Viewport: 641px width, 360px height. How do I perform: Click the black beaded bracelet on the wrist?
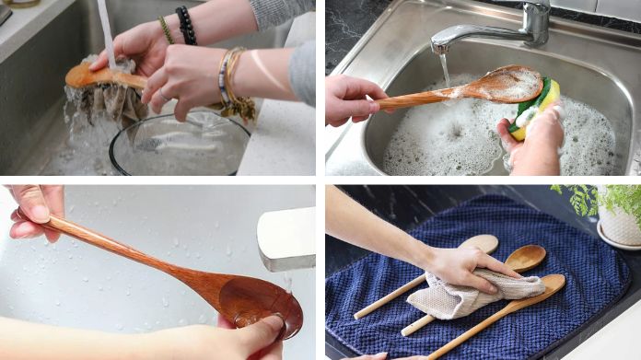pos(186,26)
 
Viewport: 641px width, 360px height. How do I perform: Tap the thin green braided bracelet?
pos(166,29)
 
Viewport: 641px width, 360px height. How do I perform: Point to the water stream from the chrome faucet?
pos(446,69)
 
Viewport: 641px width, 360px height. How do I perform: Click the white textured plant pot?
pos(620,226)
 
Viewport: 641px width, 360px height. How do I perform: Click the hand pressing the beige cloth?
pos(460,267)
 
